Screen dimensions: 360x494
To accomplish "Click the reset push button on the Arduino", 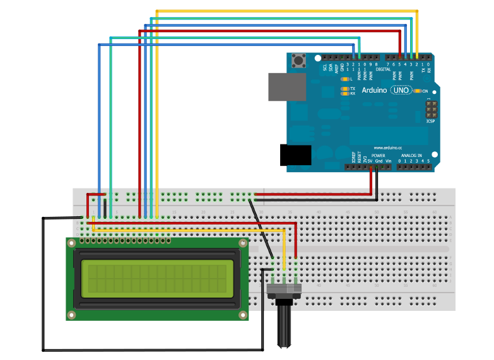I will tap(299, 61).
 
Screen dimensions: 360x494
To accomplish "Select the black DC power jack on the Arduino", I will tap(295, 154).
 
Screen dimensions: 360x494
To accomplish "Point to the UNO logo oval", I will tap(401, 91).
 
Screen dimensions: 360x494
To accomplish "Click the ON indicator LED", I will tap(417, 91).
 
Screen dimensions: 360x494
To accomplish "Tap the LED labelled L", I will tap(344, 79).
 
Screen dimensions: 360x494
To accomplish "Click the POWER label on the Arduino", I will tap(378, 155).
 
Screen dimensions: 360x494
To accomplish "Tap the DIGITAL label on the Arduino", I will tap(383, 69).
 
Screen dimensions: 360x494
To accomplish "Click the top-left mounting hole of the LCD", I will tap(73, 243).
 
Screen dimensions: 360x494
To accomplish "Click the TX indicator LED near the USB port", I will tap(344, 89).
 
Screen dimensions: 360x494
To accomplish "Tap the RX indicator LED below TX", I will tap(344, 94).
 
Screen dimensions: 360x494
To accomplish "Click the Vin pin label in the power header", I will tap(388, 161).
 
